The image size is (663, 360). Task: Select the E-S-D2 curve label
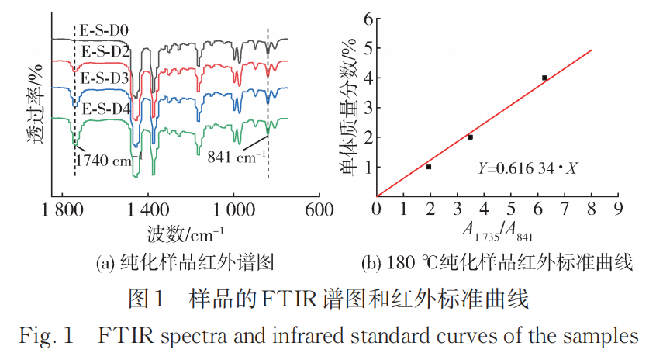[106, 52]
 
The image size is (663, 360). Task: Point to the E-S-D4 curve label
[106, 108]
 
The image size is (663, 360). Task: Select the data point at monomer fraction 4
[544, 78]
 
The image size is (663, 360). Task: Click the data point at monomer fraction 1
[429, 167]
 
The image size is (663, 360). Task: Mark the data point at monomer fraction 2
[470, 137]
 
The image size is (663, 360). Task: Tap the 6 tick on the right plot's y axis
[359, 19]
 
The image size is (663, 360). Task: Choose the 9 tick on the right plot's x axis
[618, 209]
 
